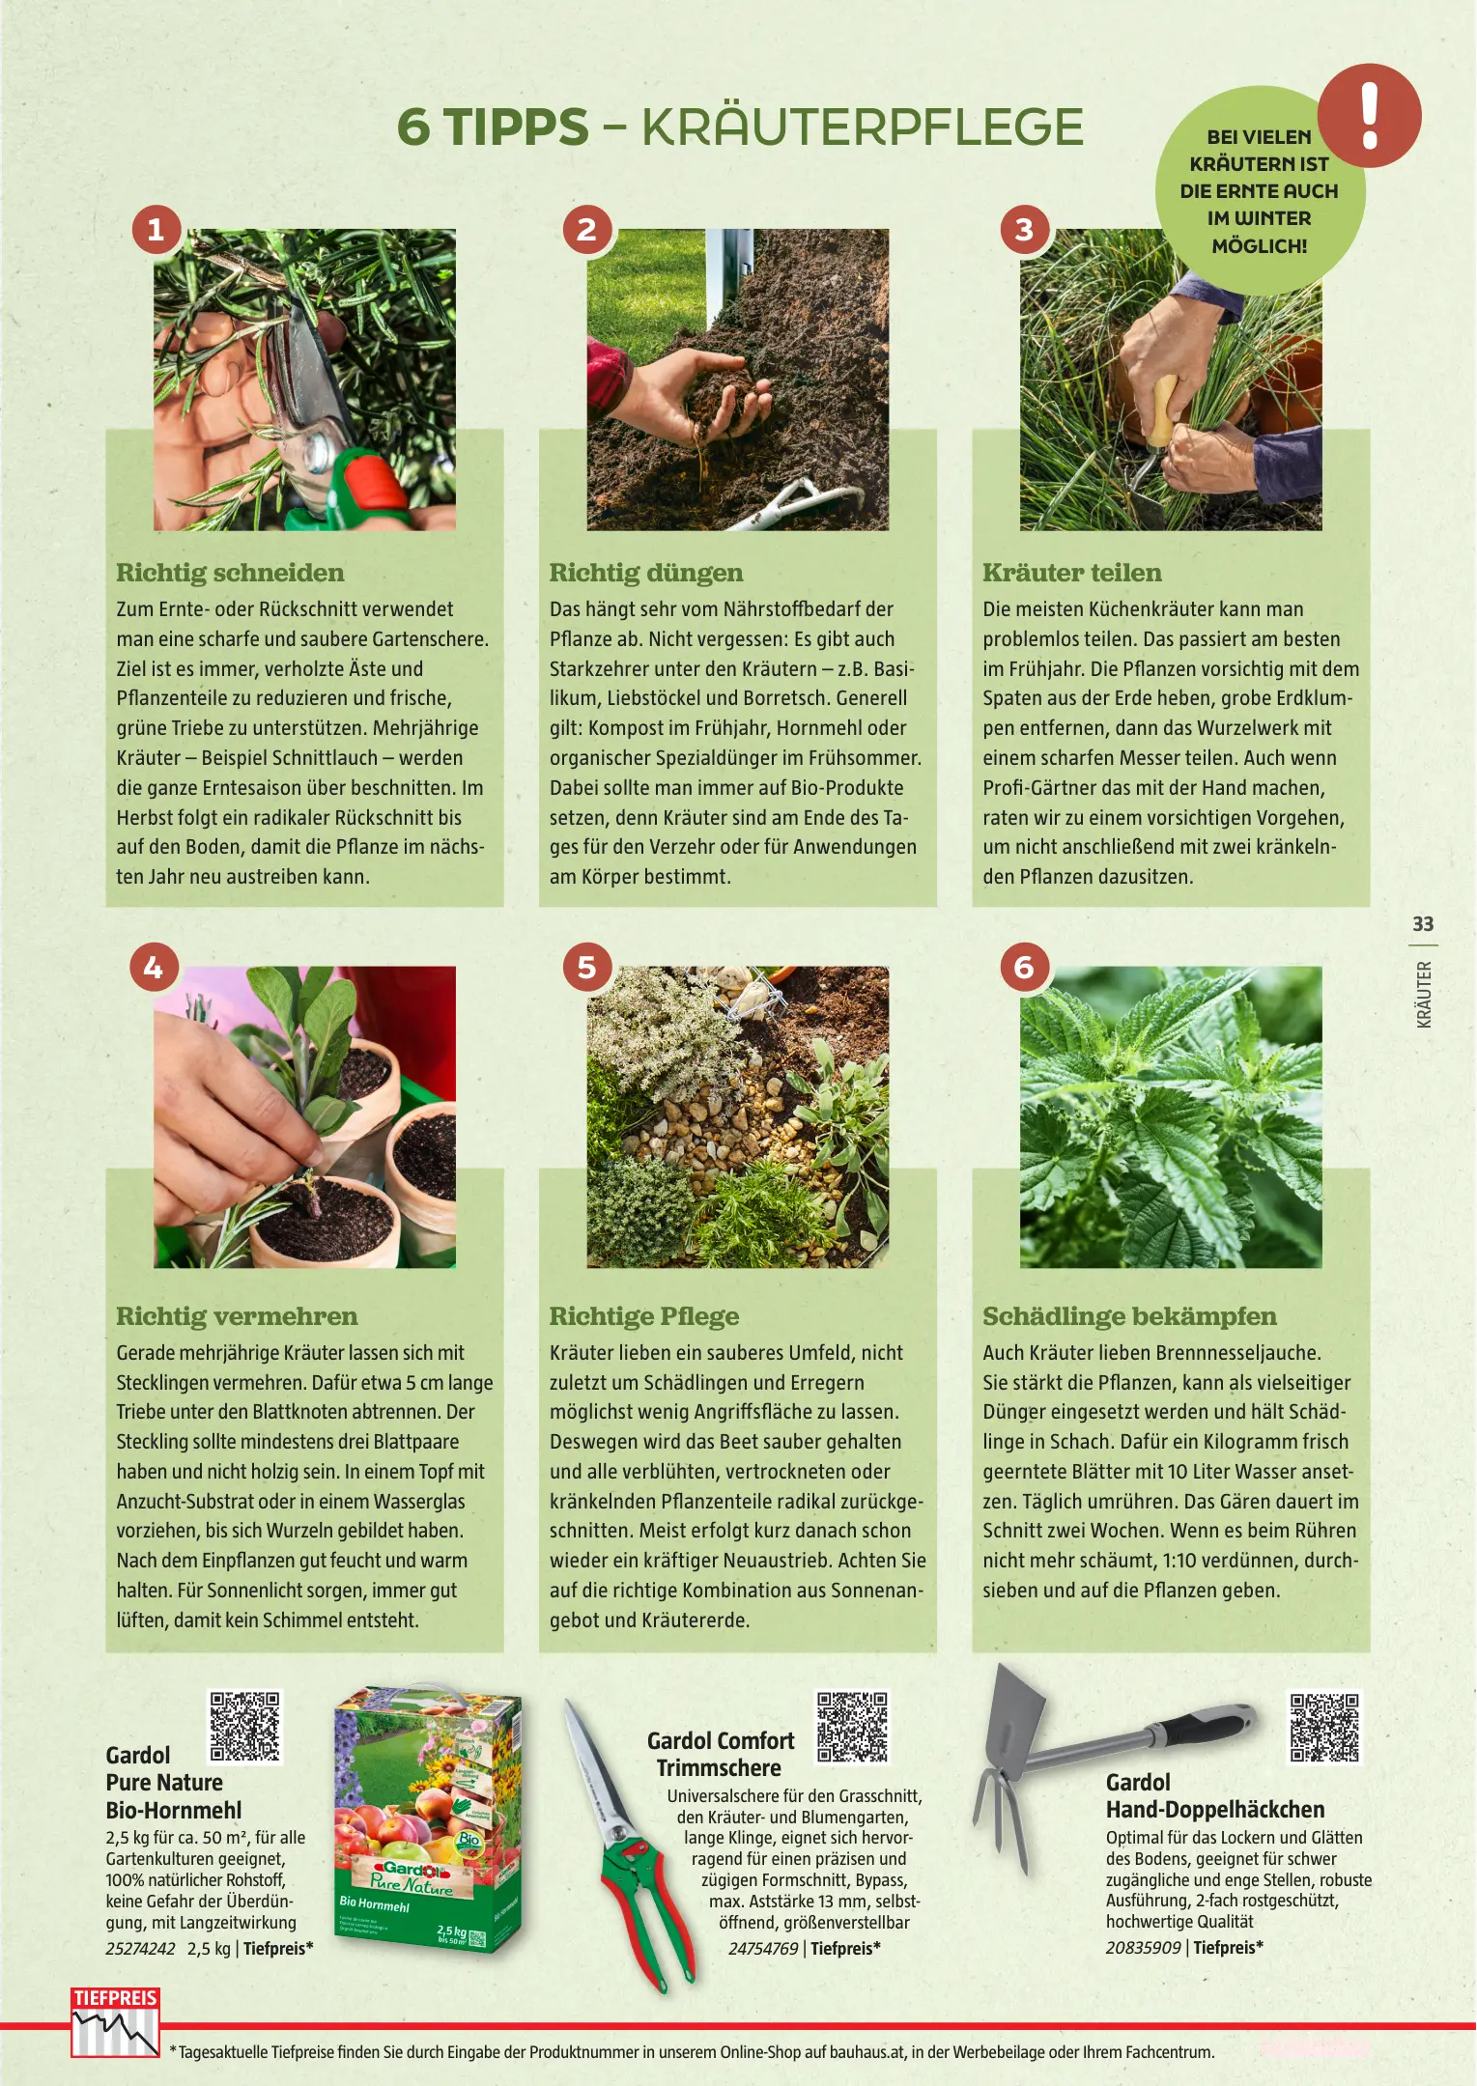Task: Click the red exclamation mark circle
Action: pyautogui.click(x=1369, y=116)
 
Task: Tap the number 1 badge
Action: pyautogui.click(x=156, y=229)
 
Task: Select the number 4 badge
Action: pyautogui.click(x=154, y=967)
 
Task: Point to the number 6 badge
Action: pyautogui.click(x=1024, y=967)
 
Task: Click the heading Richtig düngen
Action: pyautogui.click(x=646, y=573)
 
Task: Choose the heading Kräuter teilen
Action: pyautogui.click(x=1072, y=573)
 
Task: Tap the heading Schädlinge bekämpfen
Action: pyautogui.click(x=1129, y=1316)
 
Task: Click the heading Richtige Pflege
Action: pyautogui.click(x=644, y=1316)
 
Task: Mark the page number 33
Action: pyautogui.click(x=1423, y=924)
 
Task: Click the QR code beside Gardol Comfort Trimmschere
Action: pyautogui.click(x=852, y=1727)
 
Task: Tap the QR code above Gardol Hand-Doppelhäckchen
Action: pyautogui.click(x=1324, y=1728)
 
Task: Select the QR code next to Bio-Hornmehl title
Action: pyautogui.click(x=245, y=1727)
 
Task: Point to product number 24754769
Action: pyautogui.click(x=763, y=1948)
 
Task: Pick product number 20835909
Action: pyautogui.click(x=1143, y=1947)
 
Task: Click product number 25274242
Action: pyautogui.click(x=141, y=1948)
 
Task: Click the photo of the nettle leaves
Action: pyautogui.click(x=1171, y=1116)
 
